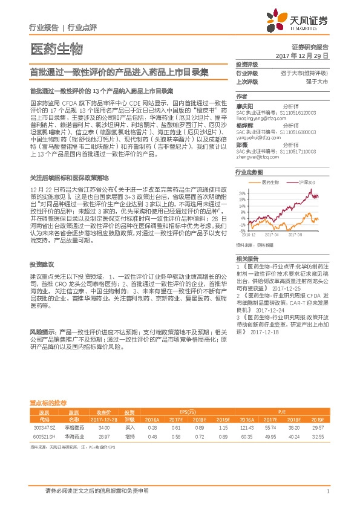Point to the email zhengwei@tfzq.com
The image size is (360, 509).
pyautogui.click(x=256, y=155)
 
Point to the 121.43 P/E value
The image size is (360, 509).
pyautogui.click(x=246, y=427)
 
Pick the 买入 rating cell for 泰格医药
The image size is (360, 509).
pyautogui.click(x=128, y=427)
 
